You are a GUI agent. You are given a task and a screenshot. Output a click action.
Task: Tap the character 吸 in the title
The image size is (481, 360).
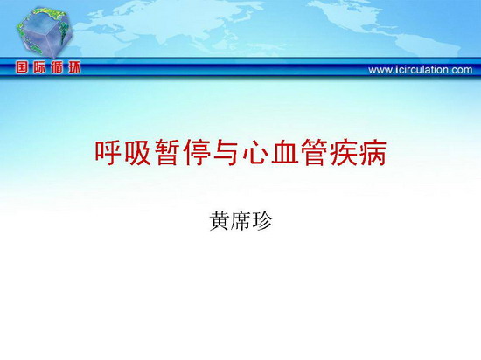pyautogui.click(x=136, y=153)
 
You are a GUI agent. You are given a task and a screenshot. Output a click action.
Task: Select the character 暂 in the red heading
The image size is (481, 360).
pyautogui.click(x=166, y=153)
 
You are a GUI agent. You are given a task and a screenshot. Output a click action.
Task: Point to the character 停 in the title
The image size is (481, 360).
pyautogui.click(x=196, y=153)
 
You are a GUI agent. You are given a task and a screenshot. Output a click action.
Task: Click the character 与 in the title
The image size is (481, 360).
pyautogui.click(x=225, y=153)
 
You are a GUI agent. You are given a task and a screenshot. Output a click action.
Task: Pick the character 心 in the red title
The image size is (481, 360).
pyautogui.click(x=254, y=153)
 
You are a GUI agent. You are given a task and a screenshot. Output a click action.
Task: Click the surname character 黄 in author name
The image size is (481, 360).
pyautogui.click(x=219, y=220)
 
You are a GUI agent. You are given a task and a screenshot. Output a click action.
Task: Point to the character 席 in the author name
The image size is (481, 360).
pyautogui.click(x=240, y=220)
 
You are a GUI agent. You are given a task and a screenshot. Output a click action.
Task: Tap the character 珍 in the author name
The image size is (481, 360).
pyautogui.click(x=261, y=220)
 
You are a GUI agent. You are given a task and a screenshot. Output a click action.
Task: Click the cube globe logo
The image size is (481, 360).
pyautogui.click(x=45, y=32)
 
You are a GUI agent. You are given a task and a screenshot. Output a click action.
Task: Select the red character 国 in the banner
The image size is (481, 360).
pyautogui.click(x=22, y=67)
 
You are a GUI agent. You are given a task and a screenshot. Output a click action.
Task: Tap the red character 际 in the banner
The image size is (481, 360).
pyautogui.click(x=39, y=67)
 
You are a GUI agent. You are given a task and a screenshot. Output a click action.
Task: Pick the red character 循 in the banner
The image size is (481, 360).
pyautogui.click(x=57, y=67)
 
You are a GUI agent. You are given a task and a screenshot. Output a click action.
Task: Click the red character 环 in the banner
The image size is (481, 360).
pyautogui.click(x=74, y=67)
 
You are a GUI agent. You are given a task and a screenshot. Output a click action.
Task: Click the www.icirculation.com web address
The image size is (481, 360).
pyautogui.click(x=421, y=70)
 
